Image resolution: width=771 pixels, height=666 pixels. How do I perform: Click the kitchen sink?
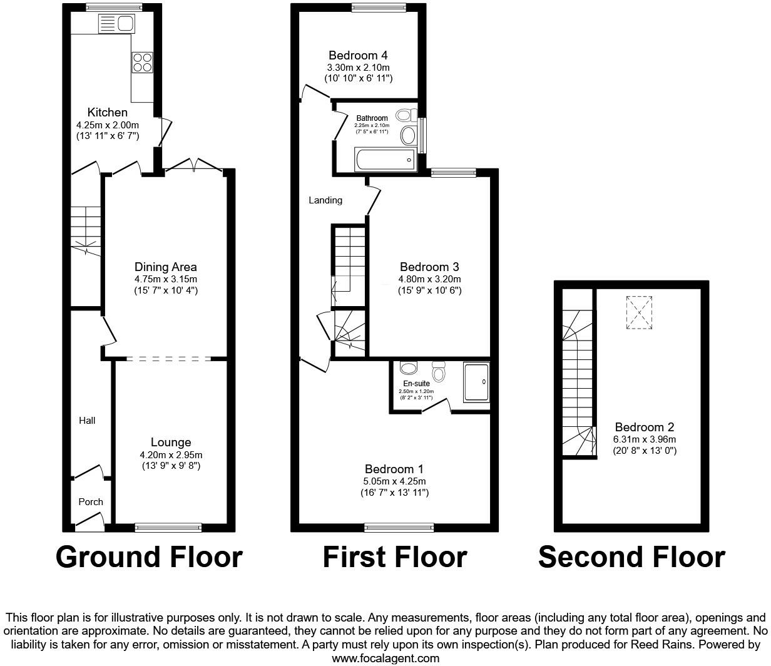[116, 24]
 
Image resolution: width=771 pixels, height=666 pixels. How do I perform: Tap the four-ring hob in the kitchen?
[142, 63]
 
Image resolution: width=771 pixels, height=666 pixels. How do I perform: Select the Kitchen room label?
[107, 113]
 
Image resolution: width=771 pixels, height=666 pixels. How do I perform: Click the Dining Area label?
[165, 267]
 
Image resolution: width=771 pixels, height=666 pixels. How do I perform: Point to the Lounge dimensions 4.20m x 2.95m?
[171, 455]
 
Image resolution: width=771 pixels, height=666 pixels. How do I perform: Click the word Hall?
[87, 421]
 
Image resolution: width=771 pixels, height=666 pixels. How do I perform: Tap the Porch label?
[91, 501]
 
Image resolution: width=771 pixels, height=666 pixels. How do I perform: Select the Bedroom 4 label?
[358, 55]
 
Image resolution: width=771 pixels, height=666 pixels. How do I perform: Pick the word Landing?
[325, 200]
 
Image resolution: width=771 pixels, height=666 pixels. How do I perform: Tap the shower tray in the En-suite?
[476, 382]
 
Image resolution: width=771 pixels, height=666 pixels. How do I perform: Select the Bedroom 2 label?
[644, 428]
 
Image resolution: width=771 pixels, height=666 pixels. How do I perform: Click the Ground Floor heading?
[149, 556]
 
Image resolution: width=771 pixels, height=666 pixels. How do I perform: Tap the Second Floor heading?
[631, 556]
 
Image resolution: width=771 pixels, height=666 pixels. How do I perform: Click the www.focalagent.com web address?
[385, 658]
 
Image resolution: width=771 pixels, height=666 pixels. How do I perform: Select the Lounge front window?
[168, 528]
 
